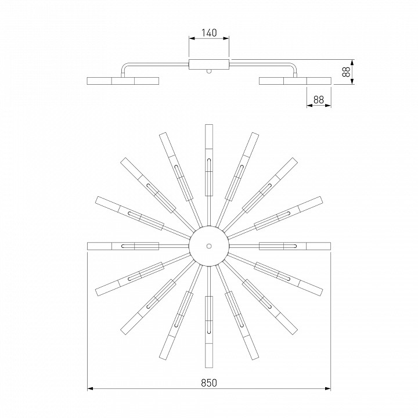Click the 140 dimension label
click(209, 33)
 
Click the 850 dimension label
click(209, 383)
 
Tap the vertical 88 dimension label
click(346, 72)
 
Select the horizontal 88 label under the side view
click(319, 100)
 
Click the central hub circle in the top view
click(209, 246)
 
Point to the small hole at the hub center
click(209, 246)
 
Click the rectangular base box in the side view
click(209, 64)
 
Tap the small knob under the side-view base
click(209, 71)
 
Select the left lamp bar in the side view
click(123, 81)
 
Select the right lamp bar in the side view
click(295, 81)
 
